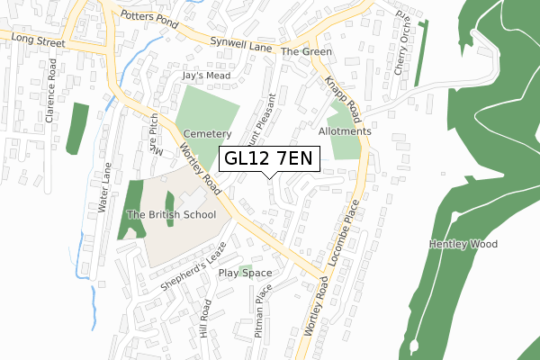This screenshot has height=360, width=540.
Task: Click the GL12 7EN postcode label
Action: click(x=269, y=159)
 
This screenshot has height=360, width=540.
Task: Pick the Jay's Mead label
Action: click(x=202, y=77)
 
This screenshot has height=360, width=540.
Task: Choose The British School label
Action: click(x=171, y=215)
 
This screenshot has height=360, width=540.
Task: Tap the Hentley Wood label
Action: click(x=463, y=244)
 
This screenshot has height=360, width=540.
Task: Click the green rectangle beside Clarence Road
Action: click(x=79, y=127)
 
